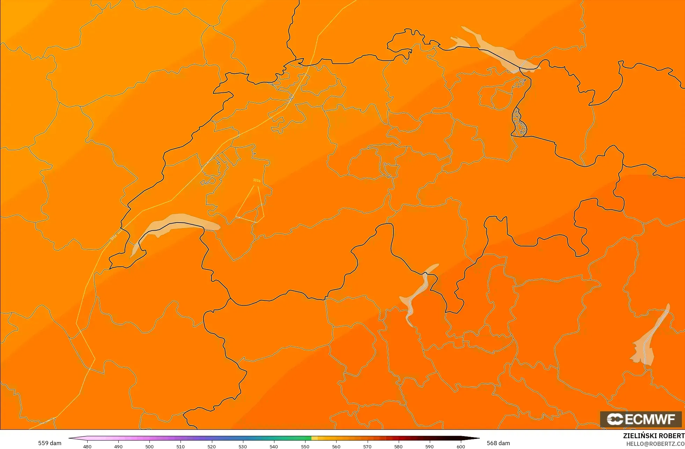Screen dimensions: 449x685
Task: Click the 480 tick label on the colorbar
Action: (x=87, y=446)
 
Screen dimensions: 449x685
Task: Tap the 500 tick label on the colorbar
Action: (x=149, y=446)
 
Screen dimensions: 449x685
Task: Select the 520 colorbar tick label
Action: (x=212, y=446)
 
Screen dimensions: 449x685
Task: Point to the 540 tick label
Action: (x=274, y=446)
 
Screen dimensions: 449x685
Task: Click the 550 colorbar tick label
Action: (x=305, y=446)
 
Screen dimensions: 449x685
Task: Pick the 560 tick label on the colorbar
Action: (x=336, y=446)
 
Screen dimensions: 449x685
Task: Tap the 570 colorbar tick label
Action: (x=367, y=446)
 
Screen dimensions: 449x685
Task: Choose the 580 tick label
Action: (x=398, y=446)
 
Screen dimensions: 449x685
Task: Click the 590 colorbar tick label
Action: (x=429, y=446)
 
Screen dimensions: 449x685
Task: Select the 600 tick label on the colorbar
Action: (x=461, y=446)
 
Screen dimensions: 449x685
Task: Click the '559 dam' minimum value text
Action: (x=50, y=443)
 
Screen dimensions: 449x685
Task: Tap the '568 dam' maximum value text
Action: (x=498, y=443)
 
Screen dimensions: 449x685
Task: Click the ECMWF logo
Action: (x=641, y=419)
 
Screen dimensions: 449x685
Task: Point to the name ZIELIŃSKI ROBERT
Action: (x=654, y=436)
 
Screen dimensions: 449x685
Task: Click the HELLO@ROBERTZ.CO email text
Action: (x=655, y=444)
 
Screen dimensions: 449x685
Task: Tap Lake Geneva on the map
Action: (x=178, y=222)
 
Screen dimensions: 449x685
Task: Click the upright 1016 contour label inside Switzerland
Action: (x=257, y=180)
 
